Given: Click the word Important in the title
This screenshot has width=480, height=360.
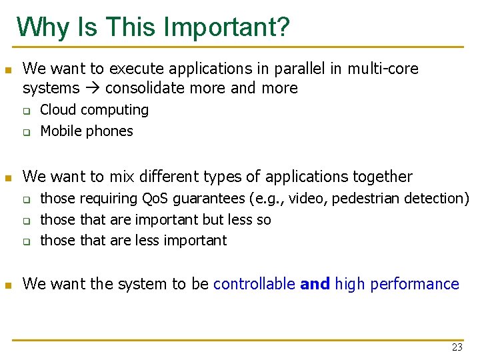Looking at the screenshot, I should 227,27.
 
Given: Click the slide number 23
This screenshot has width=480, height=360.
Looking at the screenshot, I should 457,347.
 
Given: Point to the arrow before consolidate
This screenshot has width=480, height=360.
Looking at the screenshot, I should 93,88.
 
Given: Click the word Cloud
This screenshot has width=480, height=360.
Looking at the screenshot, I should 59,110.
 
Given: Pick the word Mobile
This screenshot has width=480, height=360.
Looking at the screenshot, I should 62,131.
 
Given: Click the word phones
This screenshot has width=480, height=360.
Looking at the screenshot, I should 111,131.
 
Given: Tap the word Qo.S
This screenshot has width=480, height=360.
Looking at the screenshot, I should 159,199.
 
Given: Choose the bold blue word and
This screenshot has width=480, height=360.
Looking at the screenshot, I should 315,284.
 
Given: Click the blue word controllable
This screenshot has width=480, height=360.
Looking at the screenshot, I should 254,284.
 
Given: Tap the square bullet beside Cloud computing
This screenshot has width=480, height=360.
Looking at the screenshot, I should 27,111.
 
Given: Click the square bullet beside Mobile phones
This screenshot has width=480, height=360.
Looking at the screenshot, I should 27,132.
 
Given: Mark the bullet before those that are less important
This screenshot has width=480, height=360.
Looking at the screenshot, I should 27,241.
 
